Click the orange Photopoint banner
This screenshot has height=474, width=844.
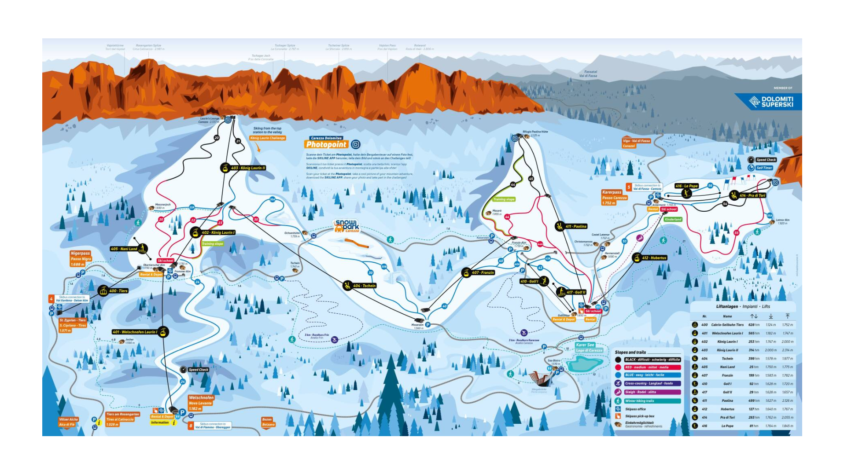point(327,144)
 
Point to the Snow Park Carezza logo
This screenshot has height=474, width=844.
point(347,226)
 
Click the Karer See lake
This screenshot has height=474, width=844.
point(585,364)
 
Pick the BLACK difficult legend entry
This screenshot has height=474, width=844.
point(652,360)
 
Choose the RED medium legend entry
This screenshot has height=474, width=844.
point(652,367)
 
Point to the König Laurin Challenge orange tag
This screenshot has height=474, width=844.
point(268,138)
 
